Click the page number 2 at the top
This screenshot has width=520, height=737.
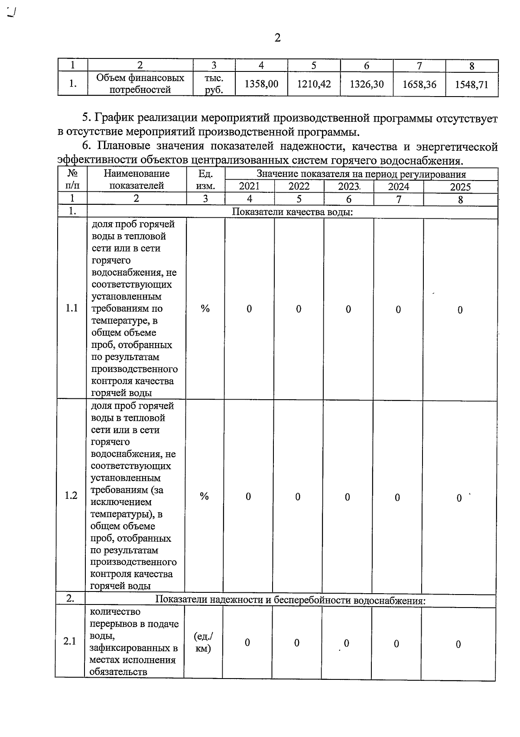[277, 38]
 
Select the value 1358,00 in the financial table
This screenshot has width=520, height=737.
[261, 84]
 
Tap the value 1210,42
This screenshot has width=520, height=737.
[314, 84]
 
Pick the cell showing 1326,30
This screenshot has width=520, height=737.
[367, 84]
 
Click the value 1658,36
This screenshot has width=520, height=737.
[419, 84]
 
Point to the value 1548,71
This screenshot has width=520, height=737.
[471, 84]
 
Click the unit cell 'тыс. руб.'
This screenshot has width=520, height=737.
[214, 84]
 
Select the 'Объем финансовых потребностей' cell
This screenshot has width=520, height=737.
[140, 84]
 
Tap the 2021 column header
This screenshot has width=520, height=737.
[249, 187]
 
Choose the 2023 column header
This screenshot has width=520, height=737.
[349, 187]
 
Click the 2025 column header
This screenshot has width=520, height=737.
[460, 187]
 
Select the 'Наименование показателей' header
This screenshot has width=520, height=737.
[136, 180]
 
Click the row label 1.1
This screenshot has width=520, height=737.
[71, 308]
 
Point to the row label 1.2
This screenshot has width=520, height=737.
[71, 496]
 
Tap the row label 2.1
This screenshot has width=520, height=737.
[70, 641]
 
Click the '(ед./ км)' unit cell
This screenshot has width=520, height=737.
[203, 642]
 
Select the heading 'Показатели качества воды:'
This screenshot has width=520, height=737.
[293, 212]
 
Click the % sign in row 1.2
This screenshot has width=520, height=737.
[204, 496]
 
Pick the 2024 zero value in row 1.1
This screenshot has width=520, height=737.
[398, 310]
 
